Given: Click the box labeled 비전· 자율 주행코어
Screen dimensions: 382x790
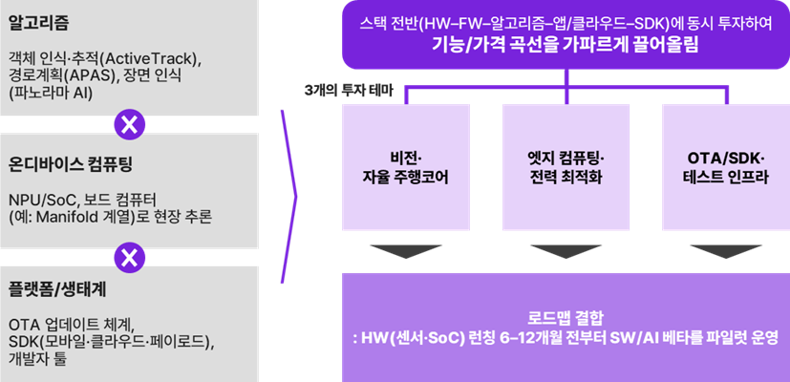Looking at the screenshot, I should (406, 165).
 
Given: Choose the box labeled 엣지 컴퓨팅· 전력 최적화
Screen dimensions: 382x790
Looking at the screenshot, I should (566, 165).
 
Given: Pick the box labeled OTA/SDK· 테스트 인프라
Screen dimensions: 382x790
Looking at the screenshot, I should (725, 165).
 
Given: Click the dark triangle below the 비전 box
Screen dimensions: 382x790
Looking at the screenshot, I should (406, 251).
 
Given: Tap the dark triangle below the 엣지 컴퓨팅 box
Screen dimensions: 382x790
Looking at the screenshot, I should (566, 251).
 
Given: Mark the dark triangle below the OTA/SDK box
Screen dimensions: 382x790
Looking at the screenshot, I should (725, 251).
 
